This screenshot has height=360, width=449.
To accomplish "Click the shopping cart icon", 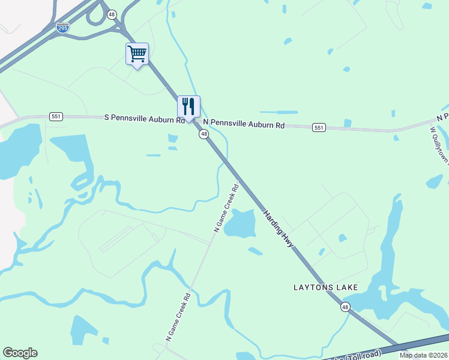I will (137, 54).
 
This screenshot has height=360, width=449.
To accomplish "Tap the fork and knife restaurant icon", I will (188, 107).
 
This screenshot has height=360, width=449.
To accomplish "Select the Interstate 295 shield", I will (62, 27).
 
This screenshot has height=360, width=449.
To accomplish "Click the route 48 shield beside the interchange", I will (112, 14).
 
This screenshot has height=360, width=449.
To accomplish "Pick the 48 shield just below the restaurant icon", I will (204, 134).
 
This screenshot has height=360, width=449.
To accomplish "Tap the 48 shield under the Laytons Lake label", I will (345, 307).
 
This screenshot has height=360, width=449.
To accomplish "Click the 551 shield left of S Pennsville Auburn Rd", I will (56, 116).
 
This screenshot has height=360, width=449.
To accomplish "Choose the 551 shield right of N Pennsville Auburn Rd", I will (319, 127).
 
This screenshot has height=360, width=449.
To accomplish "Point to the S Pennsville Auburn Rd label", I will (144, 119).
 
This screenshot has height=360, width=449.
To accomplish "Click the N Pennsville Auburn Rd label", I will (244, 124).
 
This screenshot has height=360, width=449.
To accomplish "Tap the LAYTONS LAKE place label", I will (325, 287).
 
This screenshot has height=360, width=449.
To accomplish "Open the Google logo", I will (20, 353).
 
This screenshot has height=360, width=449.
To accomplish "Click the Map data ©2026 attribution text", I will (424, 355).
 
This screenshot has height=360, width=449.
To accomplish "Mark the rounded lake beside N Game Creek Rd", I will (240, 223).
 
